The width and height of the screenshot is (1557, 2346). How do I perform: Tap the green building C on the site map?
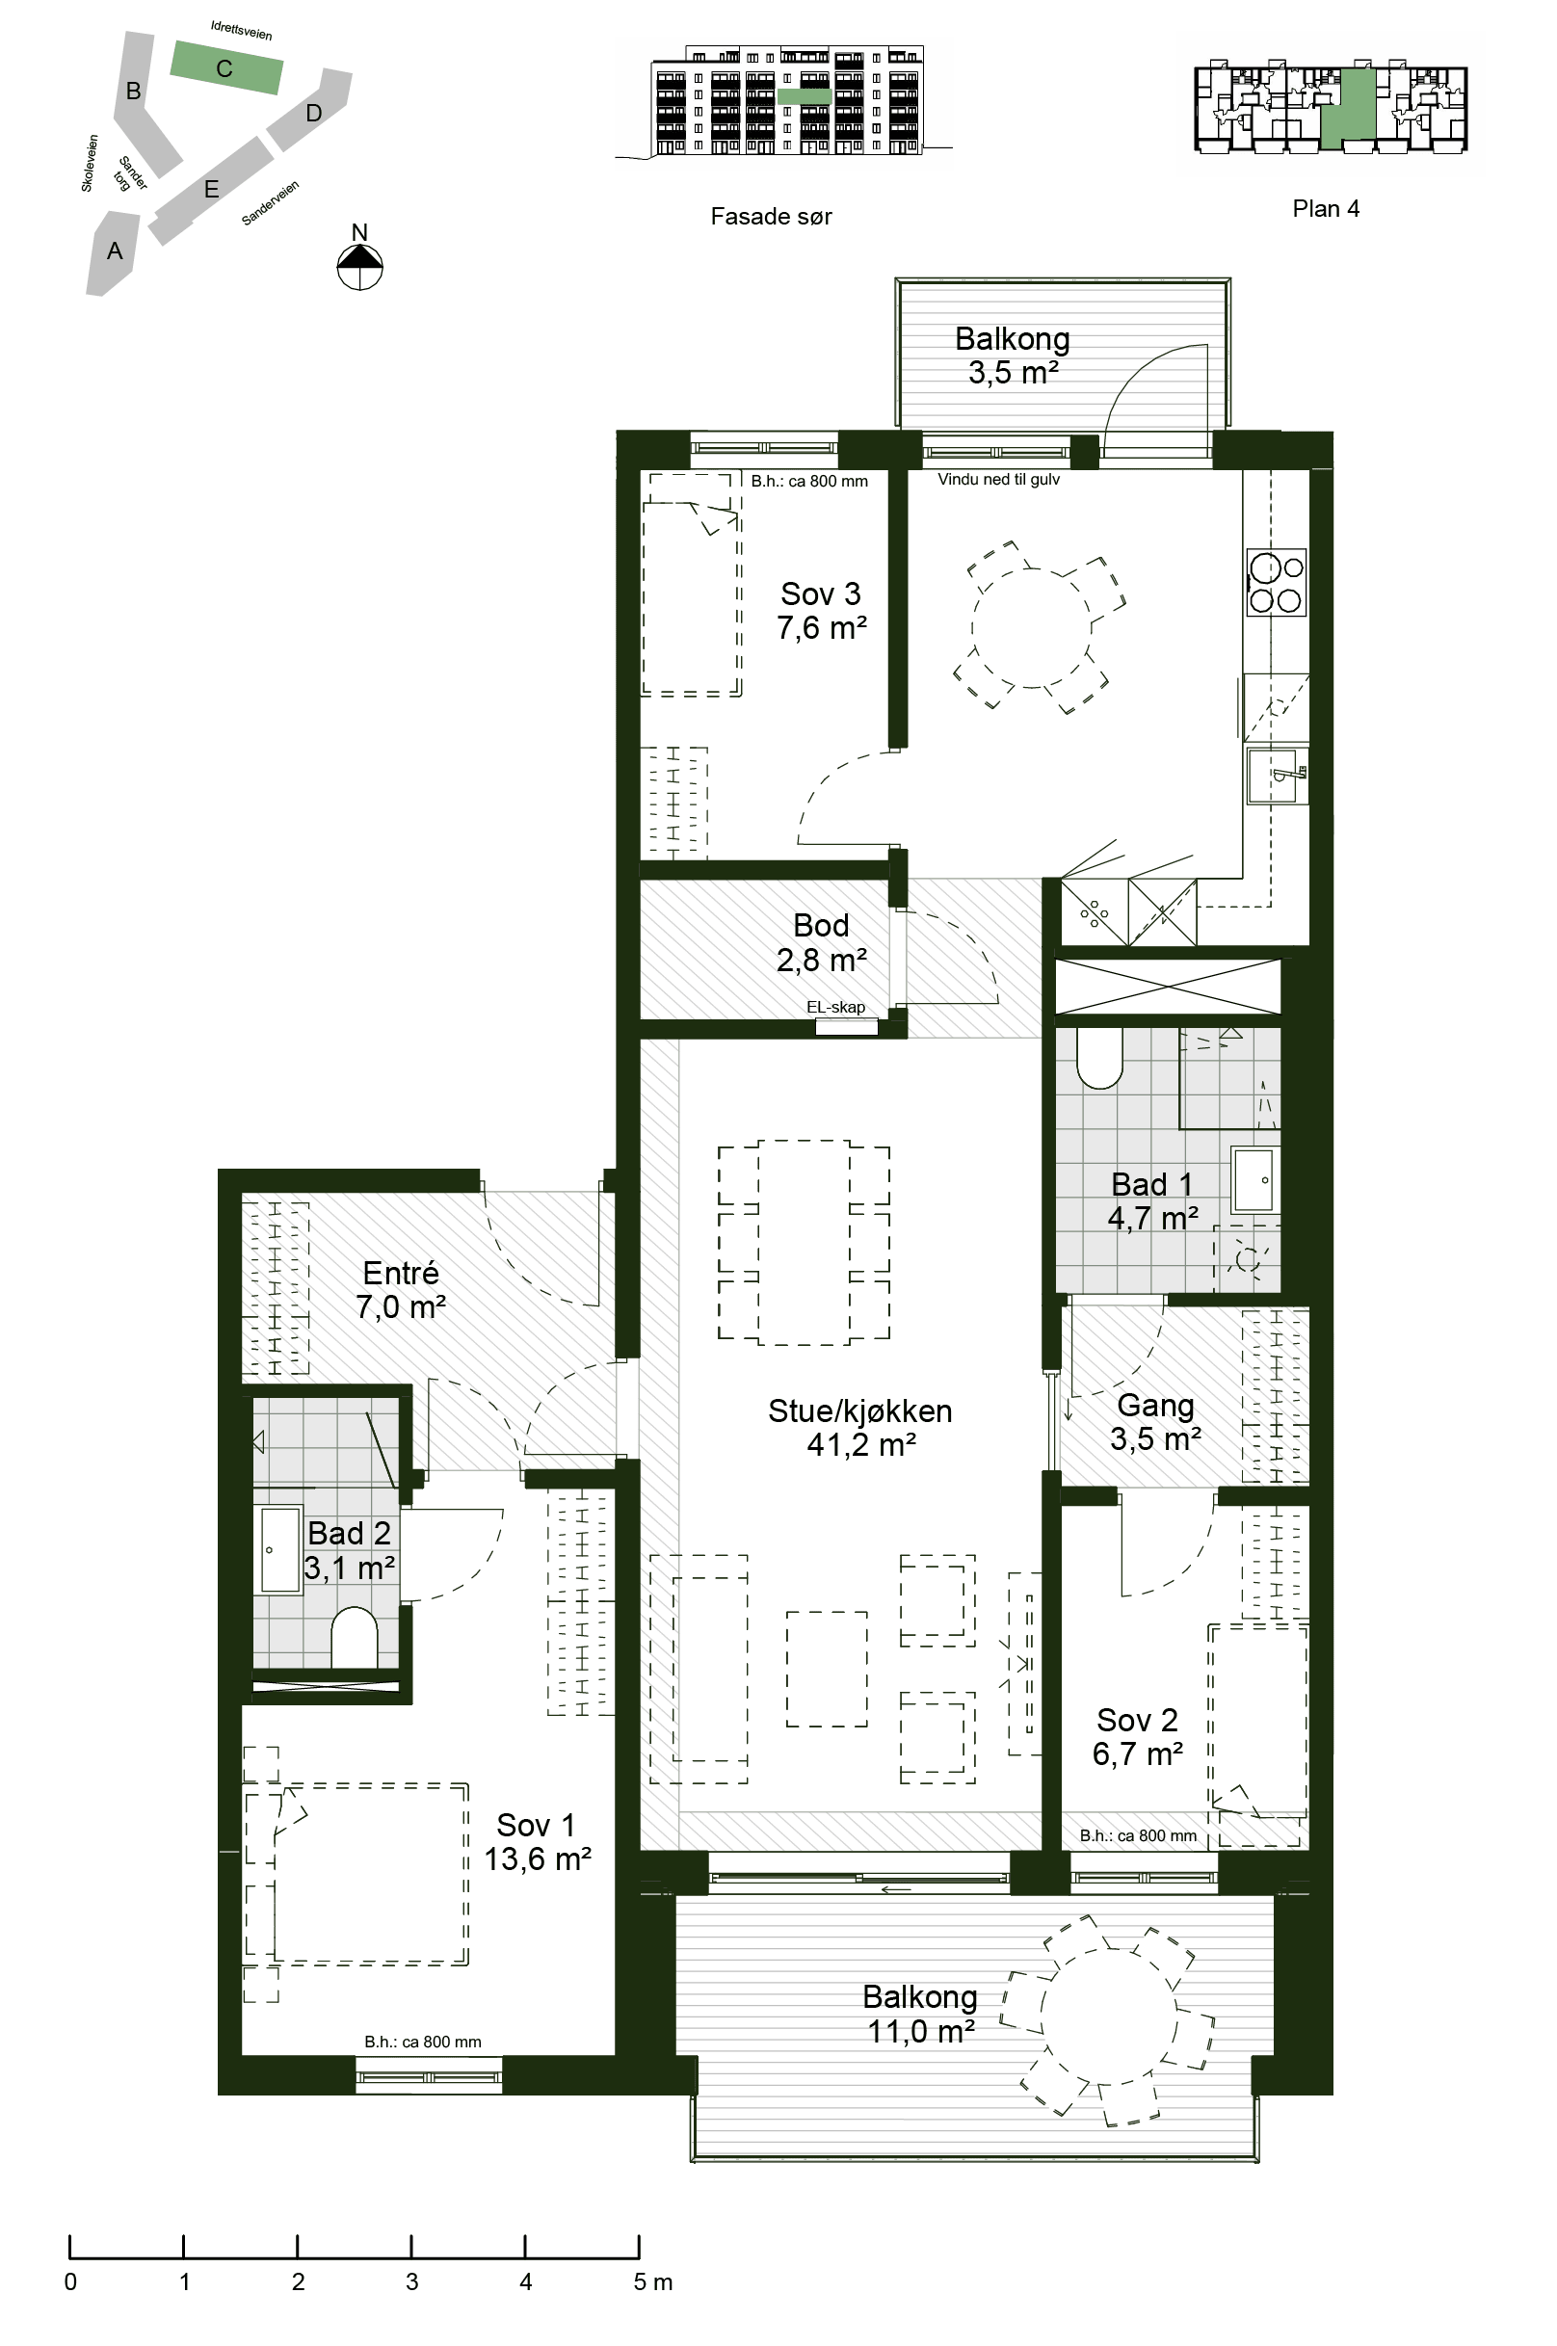(226, 67)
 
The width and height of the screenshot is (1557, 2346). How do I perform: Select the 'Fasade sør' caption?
(771, 217)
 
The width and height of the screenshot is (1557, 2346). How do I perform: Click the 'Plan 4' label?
(1326, 208)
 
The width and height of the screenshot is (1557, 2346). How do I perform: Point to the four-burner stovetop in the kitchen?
(1276, 583)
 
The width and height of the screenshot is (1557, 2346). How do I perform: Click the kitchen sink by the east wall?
(1278, 776)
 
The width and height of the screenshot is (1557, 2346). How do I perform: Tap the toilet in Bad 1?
(1099, 1058)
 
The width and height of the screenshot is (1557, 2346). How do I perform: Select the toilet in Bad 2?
(354, 1638)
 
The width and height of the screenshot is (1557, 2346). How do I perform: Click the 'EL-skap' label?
(835, 1007)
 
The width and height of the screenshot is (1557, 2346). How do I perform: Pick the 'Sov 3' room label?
(820, 593)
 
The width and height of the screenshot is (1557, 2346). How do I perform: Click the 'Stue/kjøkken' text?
(860, 1410)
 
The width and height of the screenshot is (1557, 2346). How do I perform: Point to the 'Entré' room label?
(400, 1273)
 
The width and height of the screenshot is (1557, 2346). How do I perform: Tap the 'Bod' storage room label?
(820, 925)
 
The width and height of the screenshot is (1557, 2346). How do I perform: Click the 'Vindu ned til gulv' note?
(998, 480)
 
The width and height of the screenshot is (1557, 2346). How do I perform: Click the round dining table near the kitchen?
(1032, 628)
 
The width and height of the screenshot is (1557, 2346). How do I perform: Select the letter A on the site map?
(116, 251)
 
